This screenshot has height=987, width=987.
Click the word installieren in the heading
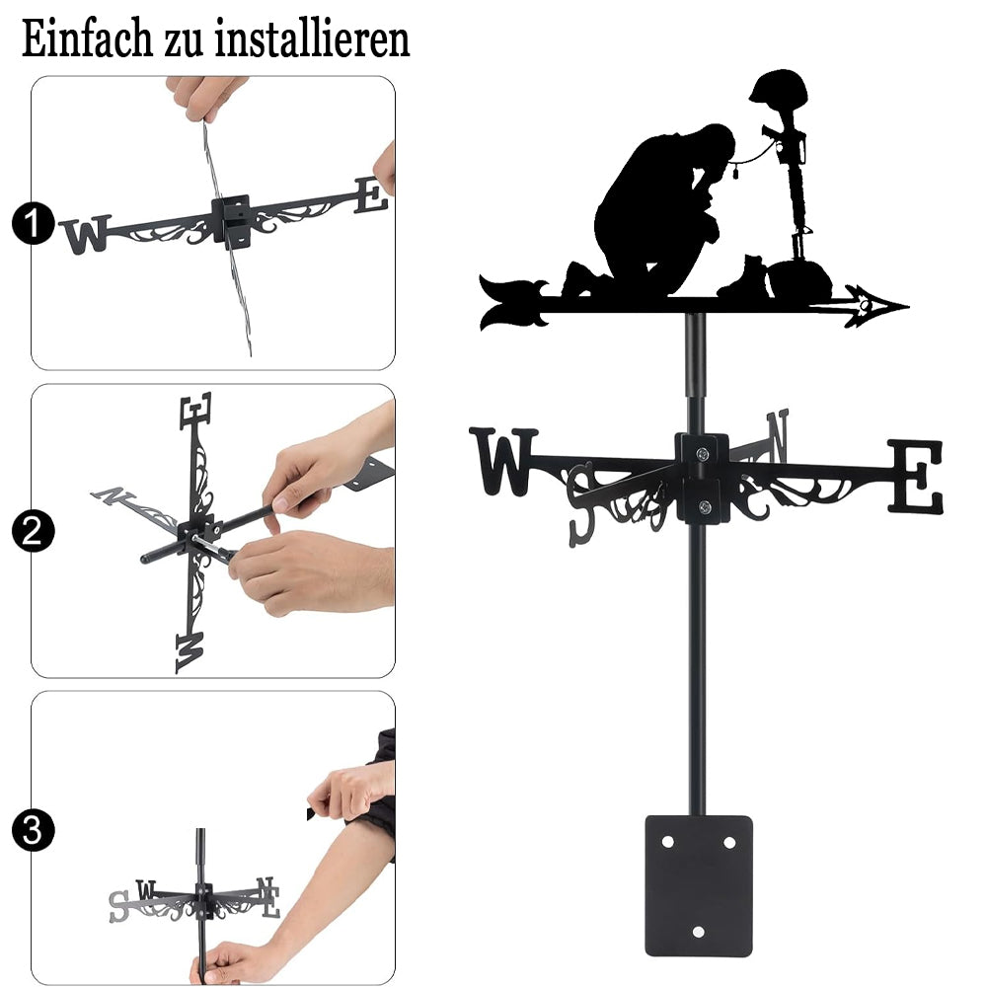(x=312, y=38)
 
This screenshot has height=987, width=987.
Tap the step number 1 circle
(x=33, y=223)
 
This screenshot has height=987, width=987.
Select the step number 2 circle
(x=33, y=531)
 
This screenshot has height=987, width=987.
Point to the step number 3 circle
(x=33, y=830)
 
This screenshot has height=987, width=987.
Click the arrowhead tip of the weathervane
(x=908, y=307)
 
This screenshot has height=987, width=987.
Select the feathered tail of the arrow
(x=513, y=302)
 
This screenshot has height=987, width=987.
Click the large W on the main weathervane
(x=503, y=461)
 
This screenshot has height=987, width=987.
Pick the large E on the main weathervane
(x=916, y=476)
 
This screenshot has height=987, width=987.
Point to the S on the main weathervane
(x=581, y=504)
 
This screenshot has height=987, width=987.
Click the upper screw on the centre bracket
(x=702, y=453)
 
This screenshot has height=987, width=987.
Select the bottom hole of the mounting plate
(x=698, y=932)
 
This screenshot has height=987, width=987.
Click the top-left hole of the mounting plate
(x=667, y=842)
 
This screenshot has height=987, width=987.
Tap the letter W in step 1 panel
(x=86, y=234)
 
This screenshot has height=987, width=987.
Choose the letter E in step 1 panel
(x=372, y=195)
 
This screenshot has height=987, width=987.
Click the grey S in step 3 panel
(x=119, y=907)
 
